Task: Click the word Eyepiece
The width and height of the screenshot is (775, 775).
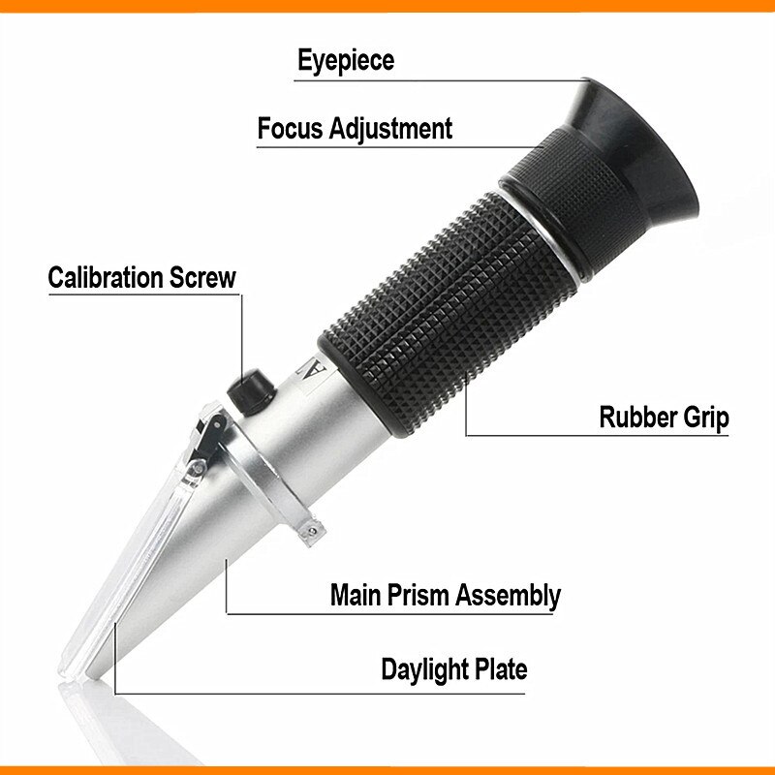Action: [x=345, y=61]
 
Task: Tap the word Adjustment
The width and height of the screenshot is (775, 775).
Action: [x=391, y=128]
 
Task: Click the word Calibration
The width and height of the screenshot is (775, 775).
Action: [x=107, y=277]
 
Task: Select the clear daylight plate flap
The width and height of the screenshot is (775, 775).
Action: [x=145, y=562]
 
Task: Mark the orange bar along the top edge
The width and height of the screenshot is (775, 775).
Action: [x=387, y=5]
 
